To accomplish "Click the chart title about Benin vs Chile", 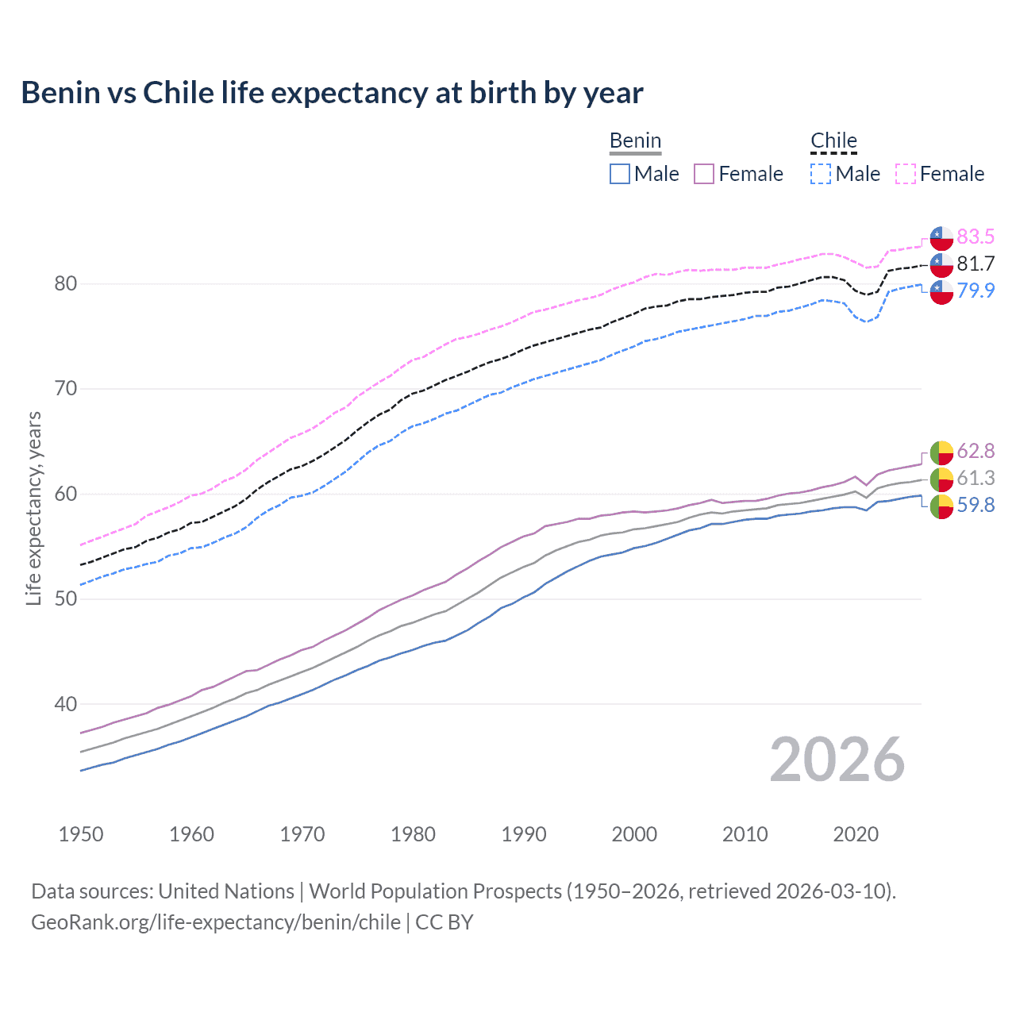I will tap(332, 93).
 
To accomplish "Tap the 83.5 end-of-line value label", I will tap(975, 237).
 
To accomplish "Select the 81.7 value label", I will tap(975, 264).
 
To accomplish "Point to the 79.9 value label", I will tap(975, 291).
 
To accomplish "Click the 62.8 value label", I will tap(975, 451).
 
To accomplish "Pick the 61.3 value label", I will tap(975, 478).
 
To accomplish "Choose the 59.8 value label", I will tap(975, 505).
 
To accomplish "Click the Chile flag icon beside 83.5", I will tap(941, 237).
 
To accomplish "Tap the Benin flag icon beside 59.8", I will tap(941, 506).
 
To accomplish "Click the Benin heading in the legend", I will tap(635, 140).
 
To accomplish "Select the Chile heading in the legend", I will tap(833, 140).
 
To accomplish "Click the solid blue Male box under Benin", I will tap(620, 174).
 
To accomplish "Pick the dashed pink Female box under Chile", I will tap(906, 174).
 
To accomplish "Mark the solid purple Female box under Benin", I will tap(704, 174).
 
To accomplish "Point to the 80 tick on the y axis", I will tap(65, 283).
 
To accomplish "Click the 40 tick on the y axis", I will tap(65, 704).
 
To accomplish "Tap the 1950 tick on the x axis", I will tap(81, 834).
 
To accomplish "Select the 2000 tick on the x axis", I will tap(634, 834).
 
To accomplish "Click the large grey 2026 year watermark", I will tap(837, 760).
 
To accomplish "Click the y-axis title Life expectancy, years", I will tap(33, 508).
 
